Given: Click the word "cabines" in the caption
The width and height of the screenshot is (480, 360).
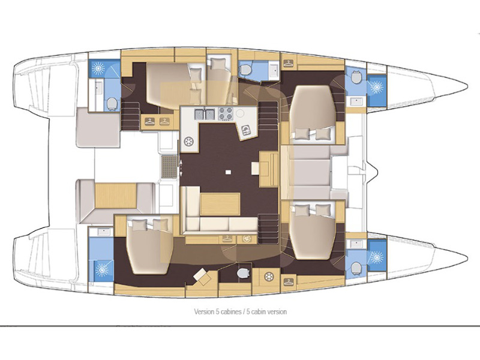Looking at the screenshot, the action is click(227, 311).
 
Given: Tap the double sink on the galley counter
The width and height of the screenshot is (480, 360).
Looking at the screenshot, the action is click(205, 114).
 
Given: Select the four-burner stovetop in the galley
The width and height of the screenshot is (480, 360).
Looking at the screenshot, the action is click(226, 113).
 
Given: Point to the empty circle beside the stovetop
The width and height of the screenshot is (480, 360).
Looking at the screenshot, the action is click(240, 113).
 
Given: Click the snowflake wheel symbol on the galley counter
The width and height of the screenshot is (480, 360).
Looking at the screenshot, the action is click(188, 142).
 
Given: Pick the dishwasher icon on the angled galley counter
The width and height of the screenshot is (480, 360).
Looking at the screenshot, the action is click(246, 131).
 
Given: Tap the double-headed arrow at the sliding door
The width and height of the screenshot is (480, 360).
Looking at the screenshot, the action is click(181, 167).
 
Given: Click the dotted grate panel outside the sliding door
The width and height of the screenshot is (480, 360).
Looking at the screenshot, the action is click(169, 167).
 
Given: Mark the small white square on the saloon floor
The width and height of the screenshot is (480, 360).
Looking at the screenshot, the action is click(228, 172).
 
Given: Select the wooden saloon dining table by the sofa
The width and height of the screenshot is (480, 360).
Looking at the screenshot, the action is click(220, 204).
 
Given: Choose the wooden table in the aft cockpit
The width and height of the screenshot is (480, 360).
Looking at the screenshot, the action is click(116, 196).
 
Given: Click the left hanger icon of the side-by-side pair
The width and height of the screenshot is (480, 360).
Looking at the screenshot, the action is click(149, 122).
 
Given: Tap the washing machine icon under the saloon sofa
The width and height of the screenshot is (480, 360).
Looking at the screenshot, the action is click(247, 239).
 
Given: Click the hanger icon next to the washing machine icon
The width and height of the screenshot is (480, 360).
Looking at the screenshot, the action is click(227, 239).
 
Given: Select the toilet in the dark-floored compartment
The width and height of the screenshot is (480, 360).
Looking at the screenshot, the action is click(243, 273).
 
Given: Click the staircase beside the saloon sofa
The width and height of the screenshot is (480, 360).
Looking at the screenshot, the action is click(269, 229).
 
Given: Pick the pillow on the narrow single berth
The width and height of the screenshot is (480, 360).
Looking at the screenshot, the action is click(218, 64).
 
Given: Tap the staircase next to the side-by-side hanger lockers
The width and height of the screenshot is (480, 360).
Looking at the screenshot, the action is click(131, 116).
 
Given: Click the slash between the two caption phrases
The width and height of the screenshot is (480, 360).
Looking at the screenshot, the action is click(238, 311).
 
